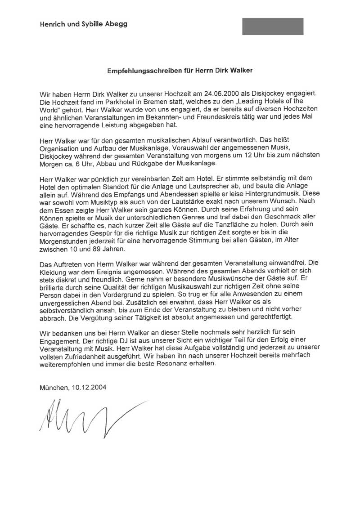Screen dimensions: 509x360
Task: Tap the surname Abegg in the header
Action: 117,24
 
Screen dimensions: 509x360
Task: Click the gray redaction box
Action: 273,27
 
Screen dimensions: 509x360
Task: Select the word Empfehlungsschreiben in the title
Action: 144,71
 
